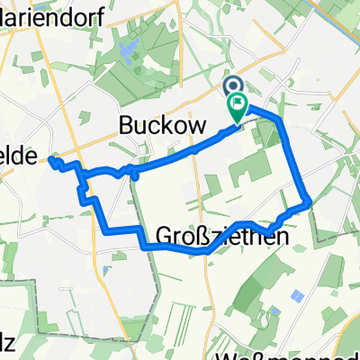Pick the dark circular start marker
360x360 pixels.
click(229, 86)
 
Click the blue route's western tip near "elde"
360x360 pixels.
click(52, 159)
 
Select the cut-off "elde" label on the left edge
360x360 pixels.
click(20, 156)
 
